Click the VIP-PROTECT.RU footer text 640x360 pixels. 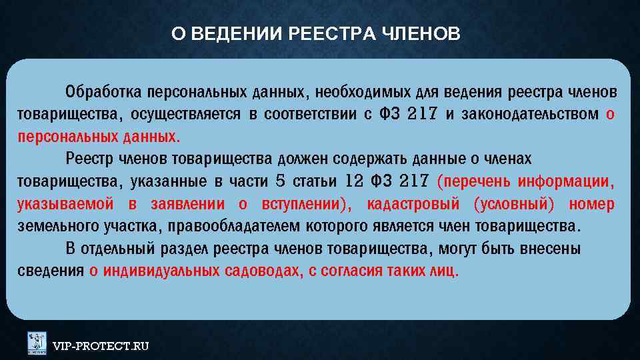[x=101, y=345]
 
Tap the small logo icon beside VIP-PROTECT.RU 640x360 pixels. [x=37, y=343]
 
